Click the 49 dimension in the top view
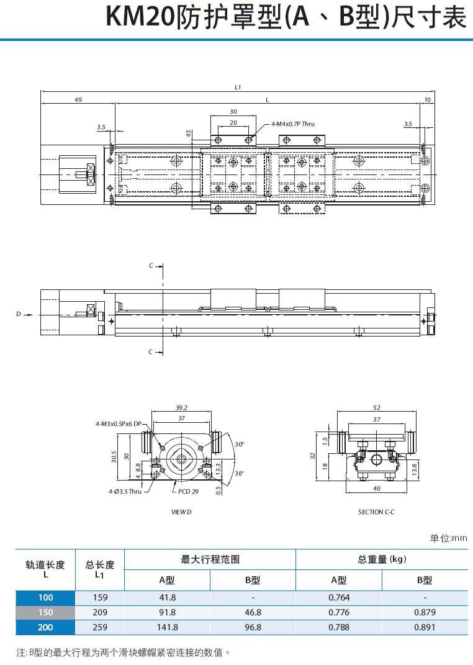[x=78, y=99]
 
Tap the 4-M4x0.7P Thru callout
[x=293, y=124]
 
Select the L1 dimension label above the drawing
[x=238, y=87]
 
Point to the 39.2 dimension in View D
[x=181, y=408]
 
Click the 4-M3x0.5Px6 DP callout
[x=119, y=423]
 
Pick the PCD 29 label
[x=188, y=492]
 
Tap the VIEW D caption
[x=181, y=512]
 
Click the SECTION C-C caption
[x=376, y=512]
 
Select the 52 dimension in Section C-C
[x=377, y=408]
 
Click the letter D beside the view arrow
[x=18, y=314]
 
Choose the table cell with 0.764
[x=338, y=597]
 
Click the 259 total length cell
[x=99, y=627]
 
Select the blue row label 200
[x=45, y=627]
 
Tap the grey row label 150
[x=45, y=612]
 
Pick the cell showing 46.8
[x=253, y=612]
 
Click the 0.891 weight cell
[x=425, y=627]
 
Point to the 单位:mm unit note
[x=448, y=538]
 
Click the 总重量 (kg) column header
[x=382, y=559]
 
